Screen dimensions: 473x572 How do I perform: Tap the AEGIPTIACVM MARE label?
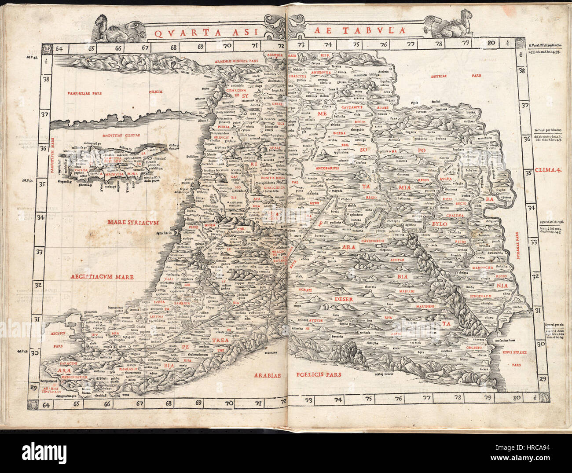pos(102,277)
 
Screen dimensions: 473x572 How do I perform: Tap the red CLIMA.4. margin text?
pos(548,170)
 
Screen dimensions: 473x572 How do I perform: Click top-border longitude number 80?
pos(491,43)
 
